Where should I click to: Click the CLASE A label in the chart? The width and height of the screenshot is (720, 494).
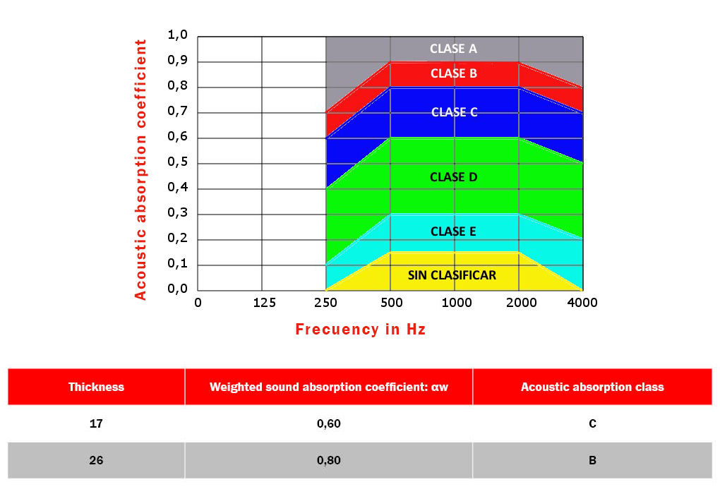pyautogui.click(x=453, y=49)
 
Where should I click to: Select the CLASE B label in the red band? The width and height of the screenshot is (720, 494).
pyautogui.click(x=453, y=73)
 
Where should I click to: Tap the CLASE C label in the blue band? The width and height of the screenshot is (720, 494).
pyautogui.click(x=453, y=112)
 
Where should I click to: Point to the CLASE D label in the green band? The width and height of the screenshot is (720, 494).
pyautogui.click(x=453, y=177)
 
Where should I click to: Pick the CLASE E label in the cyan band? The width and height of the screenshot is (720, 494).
pyautogui.click(x=453, y=231)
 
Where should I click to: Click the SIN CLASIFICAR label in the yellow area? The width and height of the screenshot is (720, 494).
pyautogui.click(x=452, y=275)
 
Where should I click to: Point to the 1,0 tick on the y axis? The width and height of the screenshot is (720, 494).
pyautogui.click(x=177, y=35)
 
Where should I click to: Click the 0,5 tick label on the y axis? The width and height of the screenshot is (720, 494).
pyautogui.click(x=177, y=162)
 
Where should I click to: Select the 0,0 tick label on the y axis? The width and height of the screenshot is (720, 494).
pyautogui.click(x=177, y=289)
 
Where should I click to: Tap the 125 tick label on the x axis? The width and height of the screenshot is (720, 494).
pyautogui.click(x=263, y=303)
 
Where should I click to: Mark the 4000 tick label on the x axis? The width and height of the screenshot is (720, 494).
pyautogui.click(x=582, y=303)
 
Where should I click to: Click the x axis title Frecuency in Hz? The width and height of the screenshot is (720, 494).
pyautogui.click(x=360, y=330)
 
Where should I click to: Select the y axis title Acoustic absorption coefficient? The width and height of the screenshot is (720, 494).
pyautogui.click(x=141, y=169)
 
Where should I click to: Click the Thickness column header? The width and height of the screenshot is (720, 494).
pyautogui.click(x=96, y=387)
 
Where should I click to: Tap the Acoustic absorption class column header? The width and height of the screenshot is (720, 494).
pyautogui.click(x=592, y=387)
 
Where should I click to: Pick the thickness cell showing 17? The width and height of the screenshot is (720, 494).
pyautogui.click(x=96, y=424)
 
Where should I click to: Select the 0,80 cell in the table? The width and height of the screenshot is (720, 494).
pyautogui.click(x=328, y=461)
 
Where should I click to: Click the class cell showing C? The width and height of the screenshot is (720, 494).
pyautogui.click(x=592, y=424)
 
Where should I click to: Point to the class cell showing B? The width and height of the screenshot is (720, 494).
pyautogui.click(x=592, y=461)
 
